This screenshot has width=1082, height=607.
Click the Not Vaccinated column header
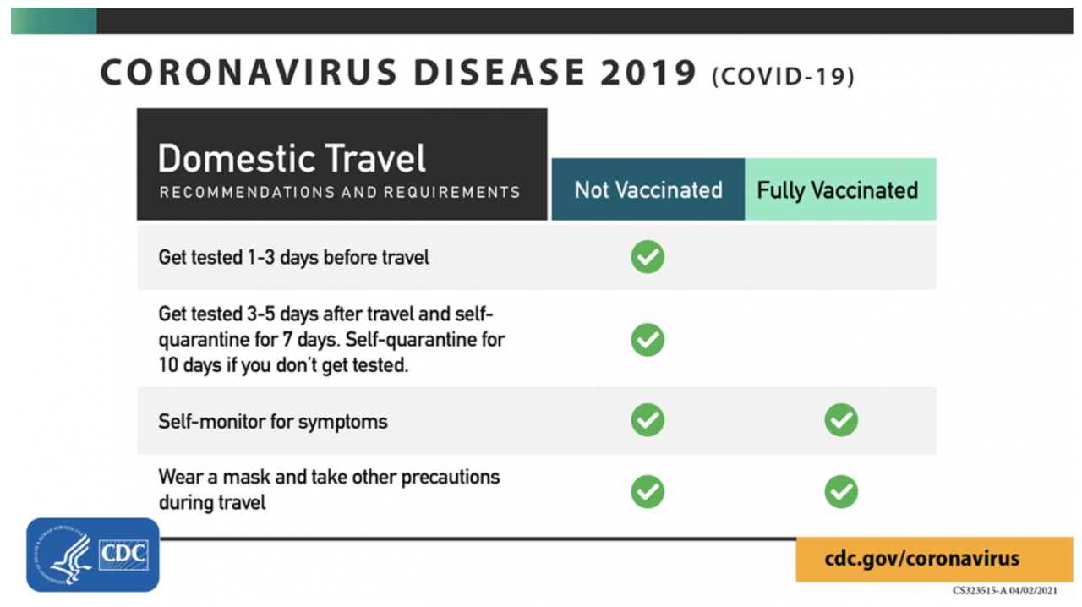648,189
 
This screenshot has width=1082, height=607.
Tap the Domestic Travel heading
292,159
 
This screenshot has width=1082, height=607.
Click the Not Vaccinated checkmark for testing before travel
648,257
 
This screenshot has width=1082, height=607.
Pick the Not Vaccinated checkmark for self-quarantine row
648,340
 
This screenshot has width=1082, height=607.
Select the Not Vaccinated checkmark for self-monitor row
648,420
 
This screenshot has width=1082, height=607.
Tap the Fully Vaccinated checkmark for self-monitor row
841,420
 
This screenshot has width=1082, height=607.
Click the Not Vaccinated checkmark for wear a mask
648,491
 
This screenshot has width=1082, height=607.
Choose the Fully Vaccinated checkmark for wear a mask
841,491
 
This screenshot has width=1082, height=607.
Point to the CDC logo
93,555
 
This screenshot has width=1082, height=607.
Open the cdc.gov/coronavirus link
922,559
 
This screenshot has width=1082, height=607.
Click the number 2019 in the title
648,74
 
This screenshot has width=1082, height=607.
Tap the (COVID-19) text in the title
783,77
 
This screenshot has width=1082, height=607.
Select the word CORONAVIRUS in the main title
248,74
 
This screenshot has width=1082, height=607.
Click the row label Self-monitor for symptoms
273,421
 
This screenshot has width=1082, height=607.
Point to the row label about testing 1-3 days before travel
293,257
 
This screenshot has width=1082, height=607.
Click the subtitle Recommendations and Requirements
340,192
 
